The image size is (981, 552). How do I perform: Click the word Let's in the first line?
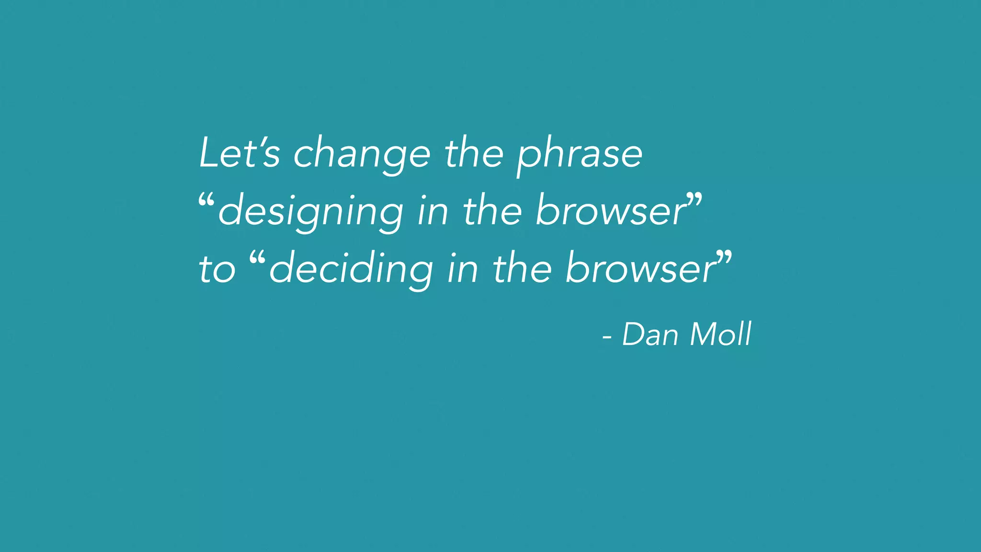pyautogui.click(x=239, y=153)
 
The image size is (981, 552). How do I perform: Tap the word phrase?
pyautogui.click(x=580, y=155)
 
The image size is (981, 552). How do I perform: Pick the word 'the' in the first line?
pyautogui.click(x=474, y=153)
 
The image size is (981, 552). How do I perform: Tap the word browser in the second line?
pyautogui.click(x=611, y=211)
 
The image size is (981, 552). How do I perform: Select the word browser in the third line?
pyautogui.click(x=640, y=268)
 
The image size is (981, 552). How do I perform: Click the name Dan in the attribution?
pyautogui.click(x=650, y=334)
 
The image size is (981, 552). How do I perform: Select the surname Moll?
pyautogui.click(x=720, y=334)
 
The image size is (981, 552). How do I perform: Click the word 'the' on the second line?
pyautogui.click(x=492, y=211)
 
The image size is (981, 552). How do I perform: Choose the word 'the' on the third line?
pyautogui.click(x=522, y=268)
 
